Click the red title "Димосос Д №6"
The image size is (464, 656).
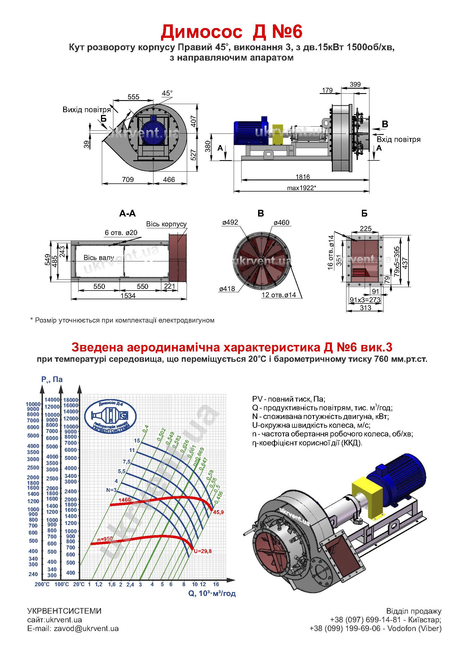click(231, 32)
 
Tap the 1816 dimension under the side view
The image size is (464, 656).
click(303, 177)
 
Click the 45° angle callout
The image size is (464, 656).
click(167, 93)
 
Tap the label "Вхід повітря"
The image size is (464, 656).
click(399, 139)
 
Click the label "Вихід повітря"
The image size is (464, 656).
click(87, 110)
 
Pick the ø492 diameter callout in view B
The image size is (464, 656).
click(230, 222)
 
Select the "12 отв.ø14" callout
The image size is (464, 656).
click(279, 295)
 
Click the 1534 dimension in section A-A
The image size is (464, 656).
click(128, 295)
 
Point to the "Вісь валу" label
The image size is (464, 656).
click(98, 258)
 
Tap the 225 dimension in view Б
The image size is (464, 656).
click(366, 229)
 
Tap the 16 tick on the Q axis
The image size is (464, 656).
click(216, 584)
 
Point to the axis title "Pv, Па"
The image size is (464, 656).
click(52, 379)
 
